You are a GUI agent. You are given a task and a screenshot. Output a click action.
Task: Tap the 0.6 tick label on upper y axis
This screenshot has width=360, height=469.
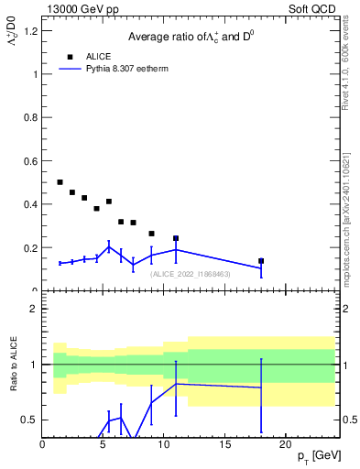[x=31, y=161]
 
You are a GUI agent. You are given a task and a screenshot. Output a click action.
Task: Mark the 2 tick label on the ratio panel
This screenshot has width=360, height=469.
[x=34, y=310]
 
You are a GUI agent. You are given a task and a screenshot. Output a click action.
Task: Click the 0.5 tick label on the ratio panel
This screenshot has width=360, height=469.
[x=30, y=420]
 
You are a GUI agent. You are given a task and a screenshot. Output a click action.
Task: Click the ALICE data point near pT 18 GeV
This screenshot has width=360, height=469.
[x=261, y=261]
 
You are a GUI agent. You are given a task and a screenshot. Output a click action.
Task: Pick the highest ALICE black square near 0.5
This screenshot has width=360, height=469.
[x=60, y=182]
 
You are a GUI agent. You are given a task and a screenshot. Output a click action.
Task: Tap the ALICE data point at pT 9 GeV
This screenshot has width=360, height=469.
[x=151, y=234]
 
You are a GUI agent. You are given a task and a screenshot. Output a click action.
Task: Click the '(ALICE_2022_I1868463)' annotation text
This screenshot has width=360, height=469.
[x=190, y=274]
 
